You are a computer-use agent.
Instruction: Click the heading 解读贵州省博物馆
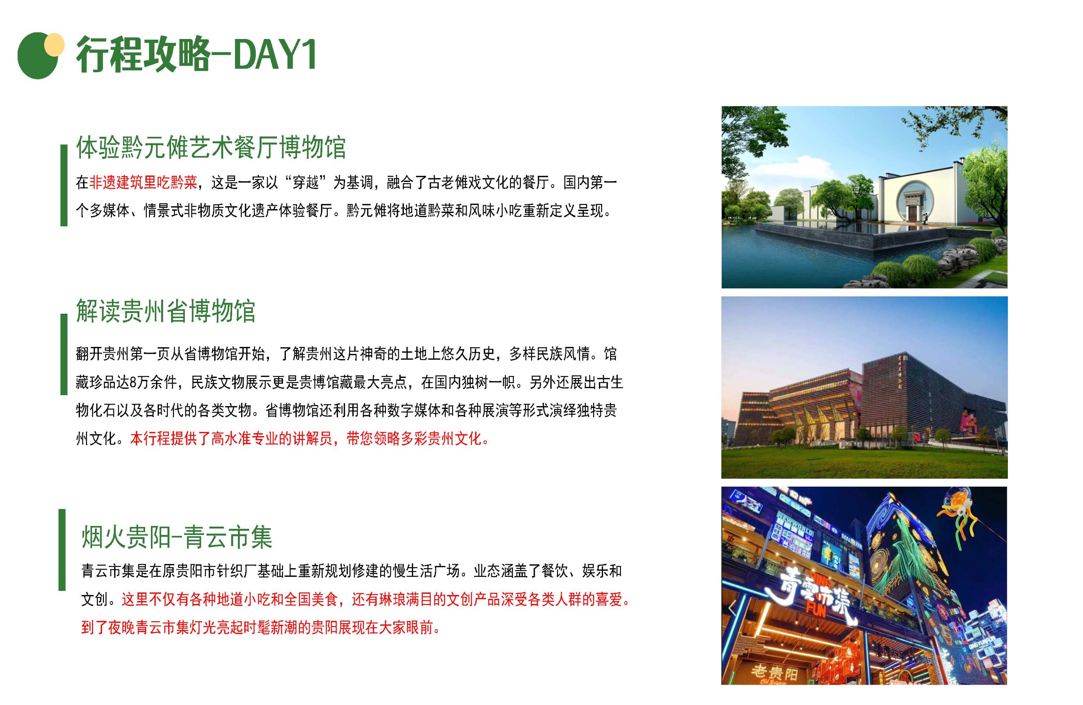[x=166, y=311]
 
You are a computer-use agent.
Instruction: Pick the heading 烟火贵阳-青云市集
[x=177, y=537]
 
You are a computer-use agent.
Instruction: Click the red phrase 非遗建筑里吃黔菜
[x=143, y=183]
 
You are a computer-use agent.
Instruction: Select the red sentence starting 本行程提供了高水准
[x=310, y=438]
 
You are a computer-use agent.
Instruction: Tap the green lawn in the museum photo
[x=864, y=460]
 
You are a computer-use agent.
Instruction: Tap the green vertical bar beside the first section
[x=64, y=185]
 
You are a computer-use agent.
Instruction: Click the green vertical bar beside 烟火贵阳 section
[x=62, y=550]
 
